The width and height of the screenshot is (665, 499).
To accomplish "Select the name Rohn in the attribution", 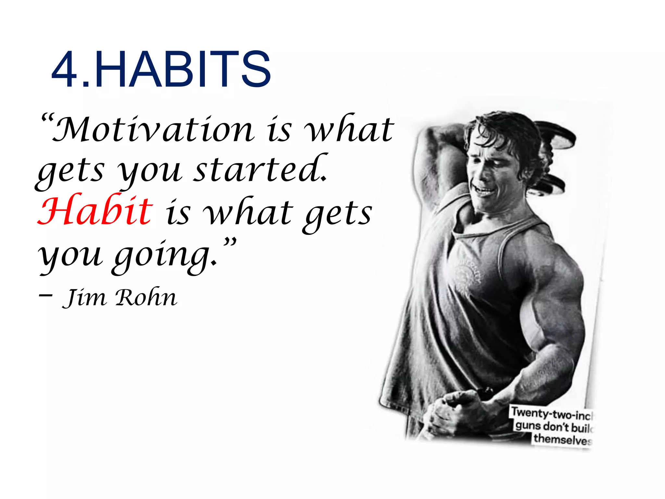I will pos(146,297).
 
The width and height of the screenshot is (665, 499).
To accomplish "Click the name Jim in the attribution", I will pos(84,297).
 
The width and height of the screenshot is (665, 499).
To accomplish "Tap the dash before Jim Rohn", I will pos(45,295).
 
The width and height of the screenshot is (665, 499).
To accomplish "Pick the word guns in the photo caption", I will pos(528,426).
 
